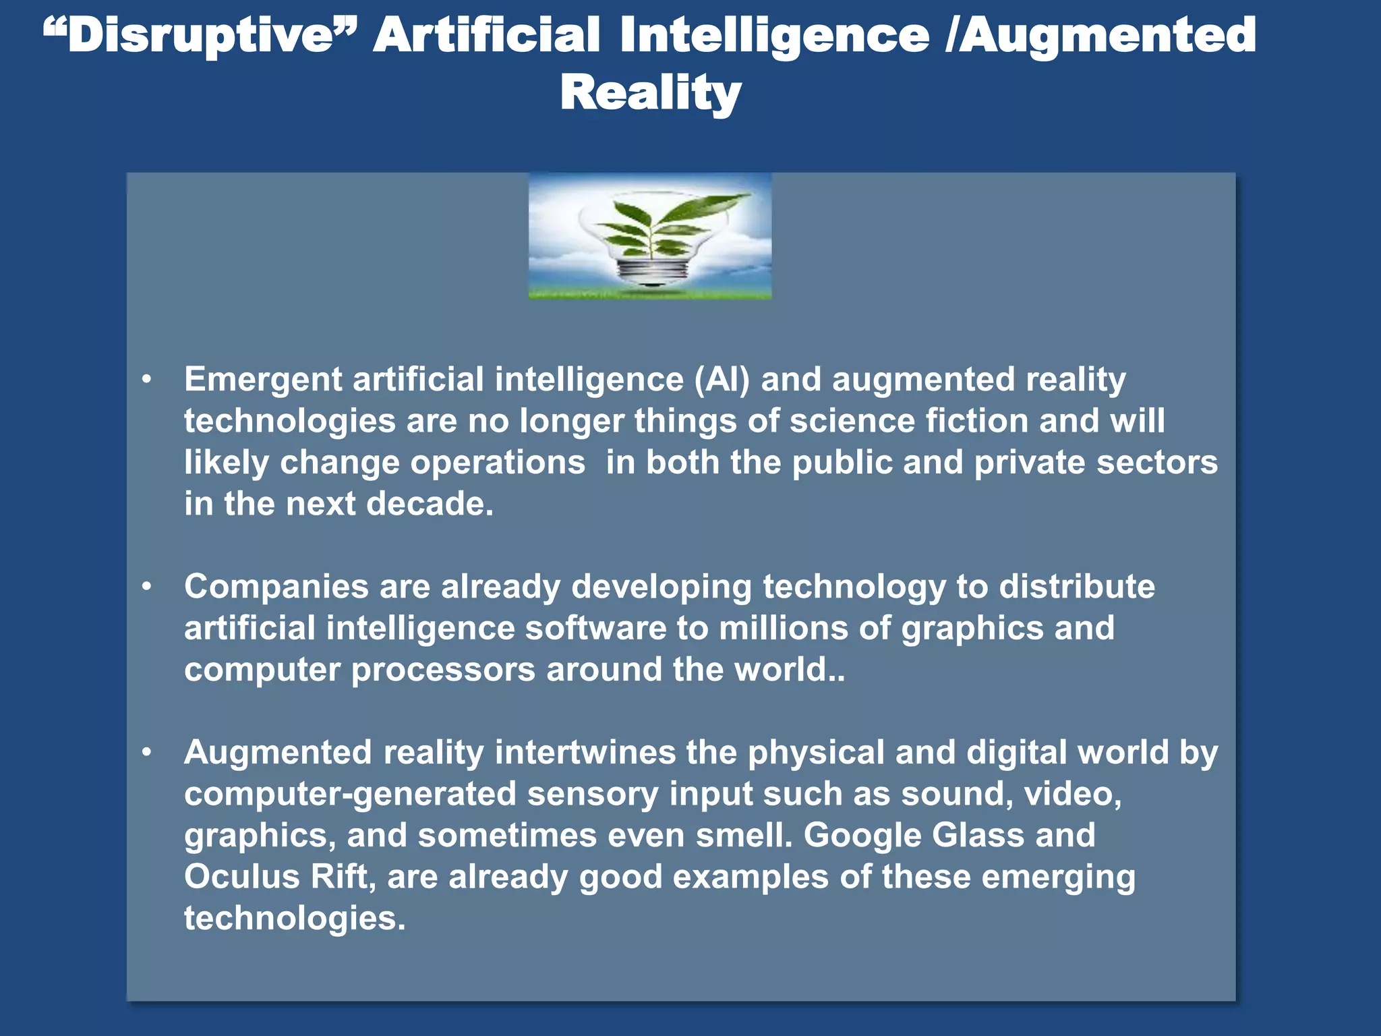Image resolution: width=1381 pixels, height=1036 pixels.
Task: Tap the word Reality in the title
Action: click(x=651, y=92)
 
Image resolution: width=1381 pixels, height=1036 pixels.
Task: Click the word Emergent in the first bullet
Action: click(x=263, y=380)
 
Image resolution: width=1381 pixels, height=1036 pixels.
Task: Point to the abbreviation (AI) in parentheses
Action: click(x=722, y=380)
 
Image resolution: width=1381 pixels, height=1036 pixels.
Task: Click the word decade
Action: click(x=430, y=504)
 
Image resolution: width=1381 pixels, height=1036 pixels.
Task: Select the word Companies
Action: click(x=276, y=586)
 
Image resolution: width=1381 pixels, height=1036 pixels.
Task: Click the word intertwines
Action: click(x=585, y=752)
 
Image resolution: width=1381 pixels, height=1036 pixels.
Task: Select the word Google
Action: click(x=862, y=835)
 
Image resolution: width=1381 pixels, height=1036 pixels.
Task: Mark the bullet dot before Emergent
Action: click(x=147, y=380)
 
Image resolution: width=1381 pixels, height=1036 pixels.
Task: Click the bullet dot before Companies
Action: click(x=147, y=587)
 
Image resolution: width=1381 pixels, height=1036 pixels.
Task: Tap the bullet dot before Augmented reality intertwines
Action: click(x=147, y=753)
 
